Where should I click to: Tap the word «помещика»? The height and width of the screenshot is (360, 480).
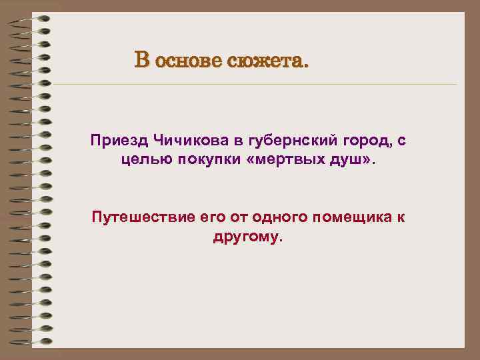pos(337,217)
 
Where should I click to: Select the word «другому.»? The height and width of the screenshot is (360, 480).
pos(248,237)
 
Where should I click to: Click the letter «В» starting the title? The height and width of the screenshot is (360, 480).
pos(141,61)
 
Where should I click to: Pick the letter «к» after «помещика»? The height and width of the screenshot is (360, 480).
pos(400,217)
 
